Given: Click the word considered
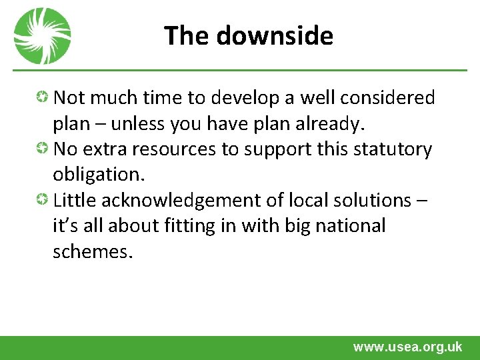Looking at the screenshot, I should (387, 98).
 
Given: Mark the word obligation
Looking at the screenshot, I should (98, 174).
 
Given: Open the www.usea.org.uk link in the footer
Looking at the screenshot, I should (407, 347).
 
